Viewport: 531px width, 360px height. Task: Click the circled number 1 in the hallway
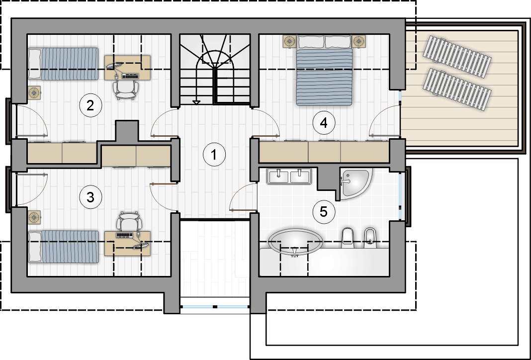[214, 155]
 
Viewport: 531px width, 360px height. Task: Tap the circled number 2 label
[90, 106]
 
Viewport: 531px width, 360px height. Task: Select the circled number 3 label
[90, 197]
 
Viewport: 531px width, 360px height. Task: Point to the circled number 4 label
[324, 123]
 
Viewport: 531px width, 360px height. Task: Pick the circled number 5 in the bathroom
[324, 212]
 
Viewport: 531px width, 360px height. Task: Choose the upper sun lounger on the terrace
[457, 57]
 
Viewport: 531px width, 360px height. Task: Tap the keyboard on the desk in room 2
[130, 76]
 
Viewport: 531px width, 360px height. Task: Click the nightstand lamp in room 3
[34, 217]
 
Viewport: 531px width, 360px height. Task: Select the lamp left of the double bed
[290, 41]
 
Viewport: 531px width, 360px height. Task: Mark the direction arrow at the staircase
[196, 102]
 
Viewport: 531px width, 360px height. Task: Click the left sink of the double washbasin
[278, 176]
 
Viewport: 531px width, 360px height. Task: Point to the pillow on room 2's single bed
[34, 64]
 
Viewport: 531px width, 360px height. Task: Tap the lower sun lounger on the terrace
[457, 90]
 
